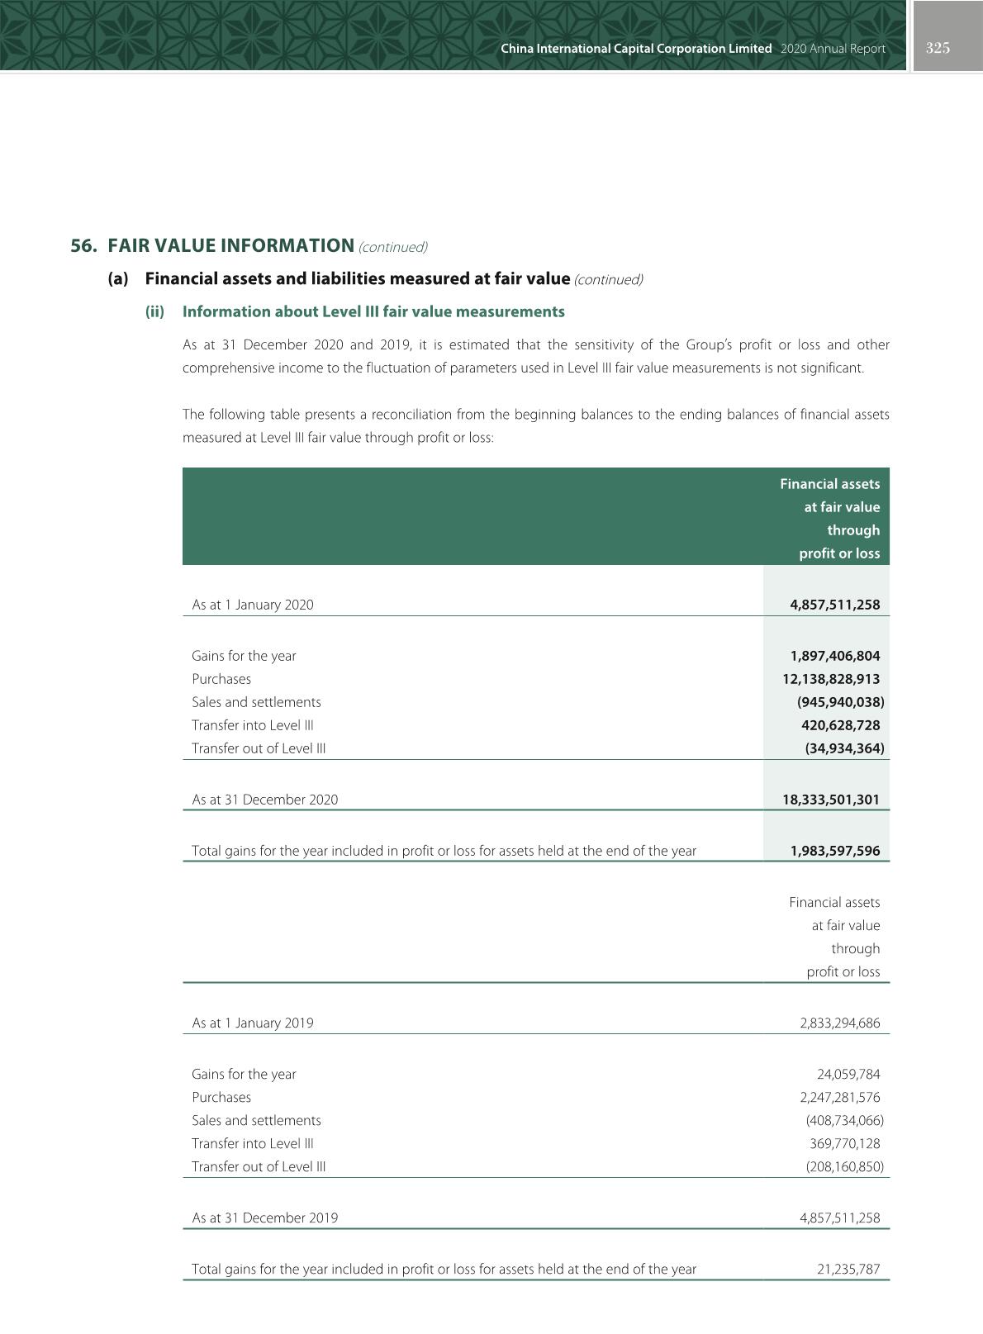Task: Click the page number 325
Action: point(938,48)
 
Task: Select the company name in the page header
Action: point(636,49)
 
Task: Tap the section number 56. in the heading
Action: point(84,246)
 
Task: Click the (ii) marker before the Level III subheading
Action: point(154,311)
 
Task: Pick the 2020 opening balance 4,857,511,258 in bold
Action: point(834,605)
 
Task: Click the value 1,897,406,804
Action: point(834,656)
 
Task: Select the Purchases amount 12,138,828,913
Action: point(831,679)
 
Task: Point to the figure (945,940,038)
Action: point(840,702)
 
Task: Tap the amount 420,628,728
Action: point(840,725)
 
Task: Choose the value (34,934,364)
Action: point(844,748)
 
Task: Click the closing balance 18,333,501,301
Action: point(831,800)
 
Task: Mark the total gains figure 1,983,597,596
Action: point(834,851)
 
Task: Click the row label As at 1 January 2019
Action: point(253,1023)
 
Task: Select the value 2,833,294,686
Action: point(839,1023)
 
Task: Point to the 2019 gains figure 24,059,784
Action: point(848,1074)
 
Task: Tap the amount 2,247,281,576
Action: point(839,1097)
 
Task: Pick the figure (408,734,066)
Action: point(844,1120)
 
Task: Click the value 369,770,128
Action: point(844,1143)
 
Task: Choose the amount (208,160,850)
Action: point(844,1166)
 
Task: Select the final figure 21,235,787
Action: point(848,1269)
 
